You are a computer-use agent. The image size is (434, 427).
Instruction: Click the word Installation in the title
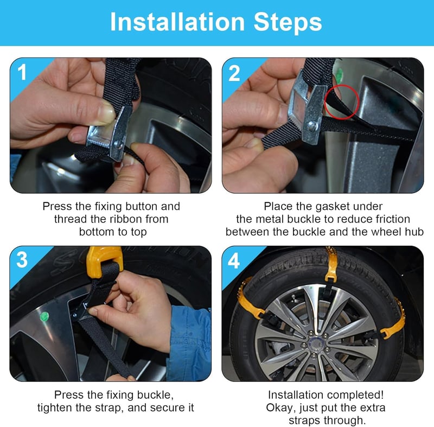[177, 22]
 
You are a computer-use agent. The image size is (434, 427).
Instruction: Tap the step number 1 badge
[22, 72]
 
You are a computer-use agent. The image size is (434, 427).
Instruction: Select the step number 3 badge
[22, 259]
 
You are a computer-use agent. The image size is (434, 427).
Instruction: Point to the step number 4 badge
[234, 260]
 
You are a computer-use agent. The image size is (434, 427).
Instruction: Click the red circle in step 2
[342, 102]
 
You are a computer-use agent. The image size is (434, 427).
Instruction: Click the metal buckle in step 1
[108, 136]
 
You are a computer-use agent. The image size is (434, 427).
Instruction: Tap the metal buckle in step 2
[307, 108]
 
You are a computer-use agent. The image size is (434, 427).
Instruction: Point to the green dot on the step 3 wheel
[44, 316]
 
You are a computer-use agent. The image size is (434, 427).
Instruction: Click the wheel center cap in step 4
[316, 344]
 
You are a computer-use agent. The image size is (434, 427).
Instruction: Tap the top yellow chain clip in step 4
[331, 266]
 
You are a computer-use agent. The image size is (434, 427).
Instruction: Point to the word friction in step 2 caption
[392, 219]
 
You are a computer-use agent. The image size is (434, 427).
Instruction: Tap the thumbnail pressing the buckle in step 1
[106, 113]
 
